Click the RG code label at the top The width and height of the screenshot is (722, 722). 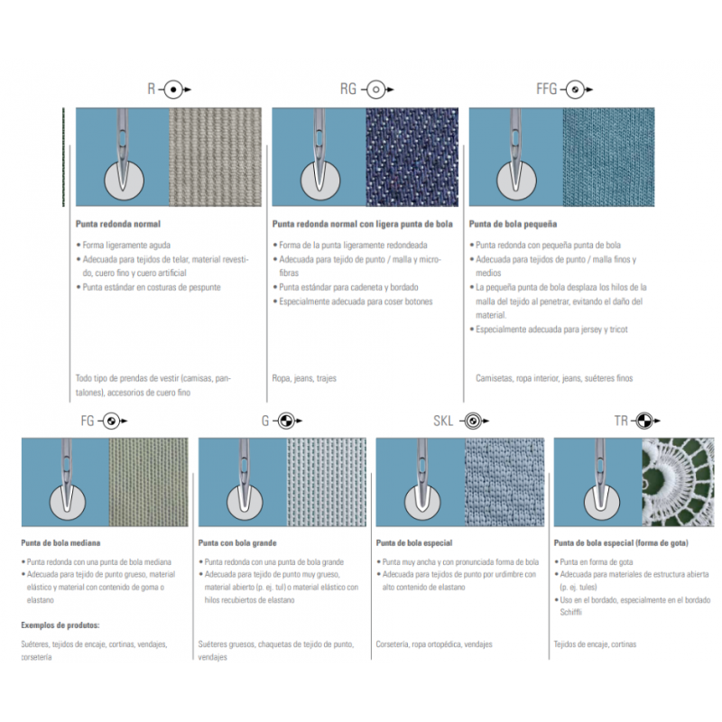click(348, 88)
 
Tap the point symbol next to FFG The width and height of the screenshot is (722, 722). click(575, 89)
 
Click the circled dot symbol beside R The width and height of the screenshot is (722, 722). click(173, 89)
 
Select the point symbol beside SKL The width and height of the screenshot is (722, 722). click(472, 421)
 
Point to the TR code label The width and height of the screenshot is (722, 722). click(621, 421)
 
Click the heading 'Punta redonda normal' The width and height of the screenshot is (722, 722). click(118, 224)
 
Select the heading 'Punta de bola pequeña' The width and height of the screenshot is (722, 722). click(513, 224)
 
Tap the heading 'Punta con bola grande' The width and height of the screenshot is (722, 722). click(237, 543)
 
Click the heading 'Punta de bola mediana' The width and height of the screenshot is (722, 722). click(60, 543)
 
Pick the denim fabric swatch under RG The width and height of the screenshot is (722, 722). click(412, 157)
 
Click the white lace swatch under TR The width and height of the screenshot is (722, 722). click(678, 482)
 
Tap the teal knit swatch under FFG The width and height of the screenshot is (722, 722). click(608, 157)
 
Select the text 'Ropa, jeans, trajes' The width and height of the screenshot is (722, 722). click(304, 378)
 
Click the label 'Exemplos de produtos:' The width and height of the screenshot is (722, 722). click(60, 625)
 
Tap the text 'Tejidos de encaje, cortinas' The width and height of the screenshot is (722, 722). click(595, 644)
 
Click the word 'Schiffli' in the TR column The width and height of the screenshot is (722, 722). click(571, 612)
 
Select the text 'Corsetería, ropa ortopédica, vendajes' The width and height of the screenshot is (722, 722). click(434, 644)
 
